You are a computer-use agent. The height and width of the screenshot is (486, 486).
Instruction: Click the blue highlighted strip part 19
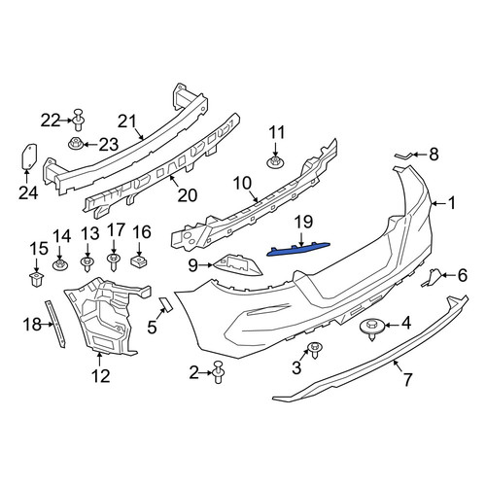click(298, 249)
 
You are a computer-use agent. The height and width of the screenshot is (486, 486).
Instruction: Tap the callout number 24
click(28, 193)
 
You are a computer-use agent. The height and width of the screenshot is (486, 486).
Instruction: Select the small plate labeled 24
click(29, 156)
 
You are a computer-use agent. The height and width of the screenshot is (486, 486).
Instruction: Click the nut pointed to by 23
click(76, 143)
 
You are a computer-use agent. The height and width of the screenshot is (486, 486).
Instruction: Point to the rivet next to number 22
click(79, 120)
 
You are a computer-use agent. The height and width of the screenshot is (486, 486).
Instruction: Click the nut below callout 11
click(275, 161)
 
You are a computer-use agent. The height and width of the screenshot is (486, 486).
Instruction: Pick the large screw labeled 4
click(372, 329)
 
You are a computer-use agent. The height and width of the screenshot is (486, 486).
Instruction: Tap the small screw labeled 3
click(314, 350)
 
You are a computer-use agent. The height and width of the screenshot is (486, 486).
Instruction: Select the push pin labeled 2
click(219, 372)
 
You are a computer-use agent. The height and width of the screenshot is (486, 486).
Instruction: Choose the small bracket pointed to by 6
click(431, 278)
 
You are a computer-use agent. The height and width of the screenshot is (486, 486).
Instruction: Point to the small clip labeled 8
click(403, 156)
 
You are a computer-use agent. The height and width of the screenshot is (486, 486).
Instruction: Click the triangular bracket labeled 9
click(238, 265)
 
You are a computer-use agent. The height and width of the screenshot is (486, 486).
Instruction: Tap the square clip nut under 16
click(139, 260)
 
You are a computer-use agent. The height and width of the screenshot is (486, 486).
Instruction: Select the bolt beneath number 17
click(114, 261)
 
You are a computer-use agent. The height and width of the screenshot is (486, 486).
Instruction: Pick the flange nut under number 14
click(60, 264)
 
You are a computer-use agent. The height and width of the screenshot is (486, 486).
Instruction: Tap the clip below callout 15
click(36, 280)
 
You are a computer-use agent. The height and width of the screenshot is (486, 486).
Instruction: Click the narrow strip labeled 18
click(55, 324)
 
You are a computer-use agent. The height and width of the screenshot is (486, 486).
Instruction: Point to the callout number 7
click(407, 379)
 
